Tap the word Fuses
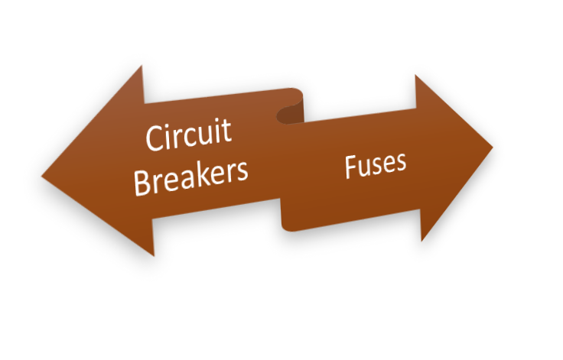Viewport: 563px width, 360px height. [x=374, y=164]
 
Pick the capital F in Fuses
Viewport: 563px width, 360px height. [x=349, y=169]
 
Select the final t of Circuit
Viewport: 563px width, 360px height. [x=226, y=132]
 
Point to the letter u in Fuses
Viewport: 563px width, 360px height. [x=363, y=167]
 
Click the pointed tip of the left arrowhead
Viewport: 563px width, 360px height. [x=42, y=176]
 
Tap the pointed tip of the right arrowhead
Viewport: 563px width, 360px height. [x=493, y=146]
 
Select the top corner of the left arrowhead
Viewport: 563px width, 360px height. [x=142, y=66]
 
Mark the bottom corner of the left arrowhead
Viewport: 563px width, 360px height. [x=155, y=255]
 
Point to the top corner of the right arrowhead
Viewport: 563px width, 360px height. [x=415, y=75]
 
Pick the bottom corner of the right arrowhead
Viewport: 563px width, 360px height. [x=421, y=241]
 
